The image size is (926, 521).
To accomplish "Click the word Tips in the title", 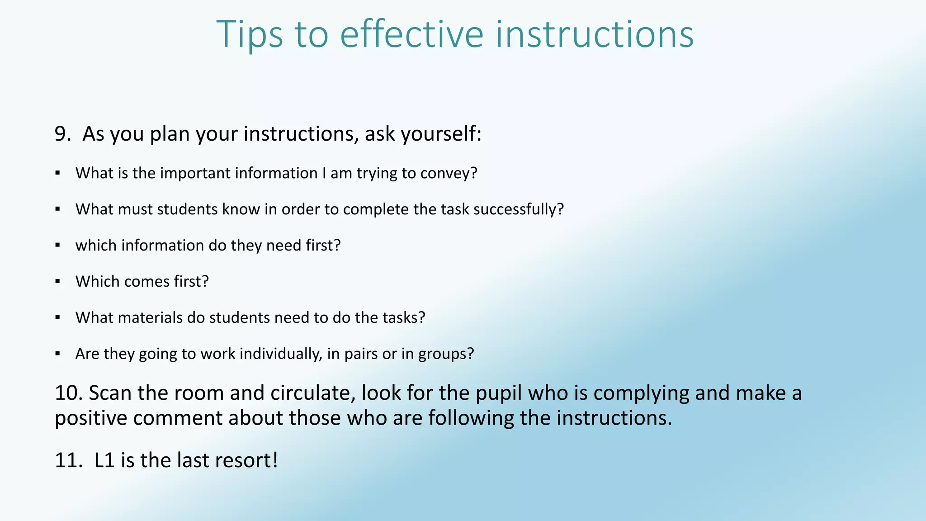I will [250, 34].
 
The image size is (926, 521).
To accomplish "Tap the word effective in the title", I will [411, 34].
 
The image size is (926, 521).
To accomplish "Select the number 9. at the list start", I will [62, 134].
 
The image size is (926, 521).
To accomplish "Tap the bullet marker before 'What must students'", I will [57, 209].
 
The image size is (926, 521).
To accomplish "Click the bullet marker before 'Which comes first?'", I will [57, 281].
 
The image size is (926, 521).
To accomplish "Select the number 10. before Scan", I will [69, 393].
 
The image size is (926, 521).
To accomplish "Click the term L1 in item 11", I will [104, 460].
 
